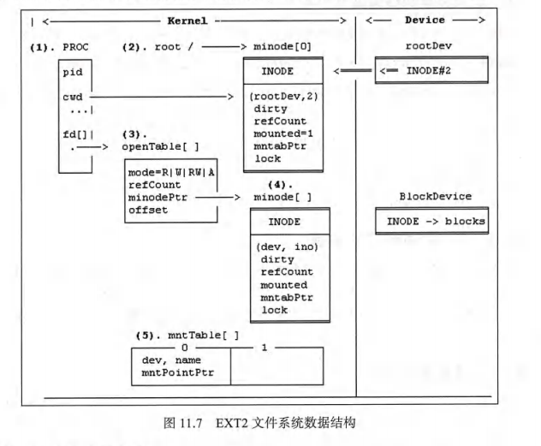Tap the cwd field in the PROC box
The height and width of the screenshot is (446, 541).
tap(72, 98)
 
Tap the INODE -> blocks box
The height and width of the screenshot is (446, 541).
tap(436, 222)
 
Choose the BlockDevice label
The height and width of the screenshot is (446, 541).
tap(436, 196)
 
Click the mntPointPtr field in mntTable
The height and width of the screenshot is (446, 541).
tap(178, 373)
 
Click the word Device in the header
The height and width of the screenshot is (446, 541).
tap(423, 18)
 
